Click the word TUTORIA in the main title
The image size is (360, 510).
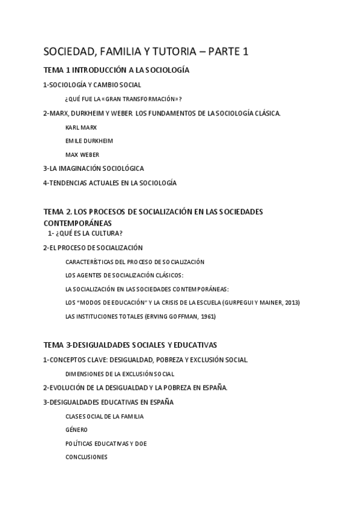(x=170, y=52)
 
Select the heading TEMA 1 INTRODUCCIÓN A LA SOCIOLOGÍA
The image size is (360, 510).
(x=117, y=70)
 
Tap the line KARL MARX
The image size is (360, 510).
(x=81, y=127)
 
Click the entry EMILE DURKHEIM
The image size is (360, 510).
(x=89, y=141)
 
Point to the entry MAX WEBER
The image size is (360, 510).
(x=82, y=155)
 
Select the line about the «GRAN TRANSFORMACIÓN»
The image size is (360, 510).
(x=123, y=99)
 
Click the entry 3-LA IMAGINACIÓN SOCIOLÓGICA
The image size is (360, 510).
(x=93, y=168)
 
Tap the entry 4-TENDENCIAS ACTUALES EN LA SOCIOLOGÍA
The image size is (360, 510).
(x=109, y=183)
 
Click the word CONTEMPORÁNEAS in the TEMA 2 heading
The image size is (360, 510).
(x=78, y=223)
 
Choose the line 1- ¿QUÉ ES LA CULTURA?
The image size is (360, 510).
(x=89, y=233)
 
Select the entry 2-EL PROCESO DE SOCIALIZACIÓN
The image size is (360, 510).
(x=93, y=247)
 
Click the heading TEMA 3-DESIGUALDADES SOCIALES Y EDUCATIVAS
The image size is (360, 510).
(x=130, y=345)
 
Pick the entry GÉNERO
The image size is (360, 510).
(x=76, y=429)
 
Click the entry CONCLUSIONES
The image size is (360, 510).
(x=86, y=456)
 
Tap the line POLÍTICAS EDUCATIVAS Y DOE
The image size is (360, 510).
(x=106, y=443)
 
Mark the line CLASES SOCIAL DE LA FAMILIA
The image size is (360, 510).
(x=104, y=416)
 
